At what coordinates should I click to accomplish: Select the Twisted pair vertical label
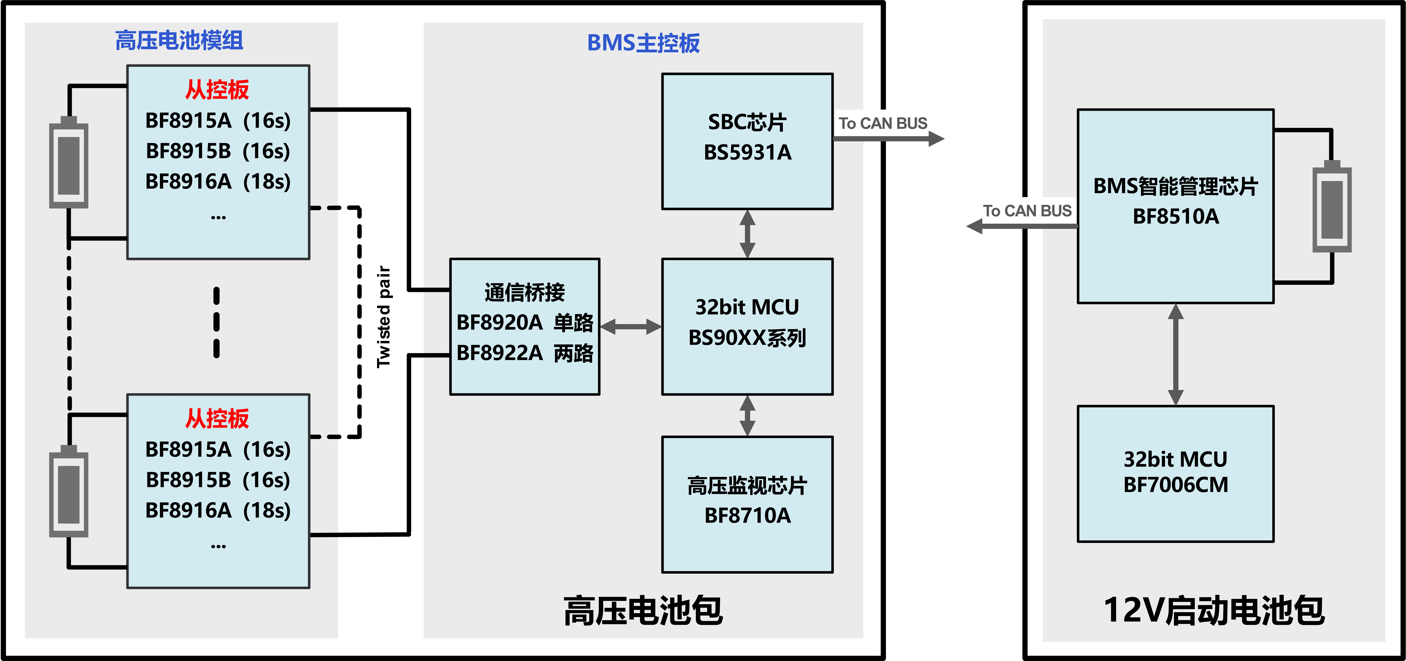[x=384, y=316]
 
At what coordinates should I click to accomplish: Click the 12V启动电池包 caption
[x=1214, y=610]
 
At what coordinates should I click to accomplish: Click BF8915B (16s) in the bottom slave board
[x=218, y=480]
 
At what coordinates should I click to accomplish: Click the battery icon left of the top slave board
[x=69, y=164]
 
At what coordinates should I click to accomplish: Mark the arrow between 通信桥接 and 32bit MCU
[x=630, y=327]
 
